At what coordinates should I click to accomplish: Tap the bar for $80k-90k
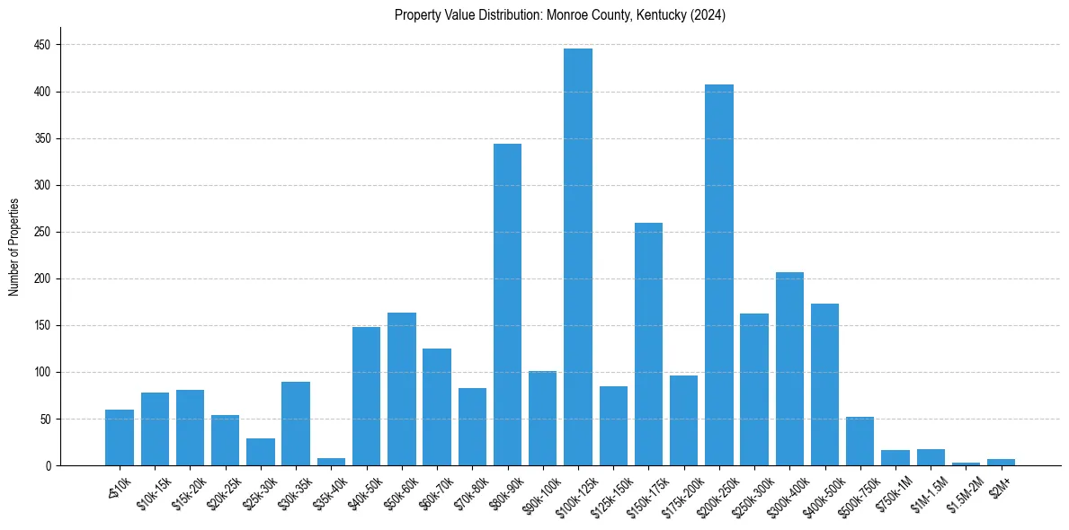507,305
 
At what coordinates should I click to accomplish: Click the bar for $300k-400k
789,368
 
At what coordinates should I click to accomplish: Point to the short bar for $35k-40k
331,462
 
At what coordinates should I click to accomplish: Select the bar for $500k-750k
860,441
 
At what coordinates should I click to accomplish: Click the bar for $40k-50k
366,396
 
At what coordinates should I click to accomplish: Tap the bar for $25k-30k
261,452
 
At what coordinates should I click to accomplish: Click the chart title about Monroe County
559,15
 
